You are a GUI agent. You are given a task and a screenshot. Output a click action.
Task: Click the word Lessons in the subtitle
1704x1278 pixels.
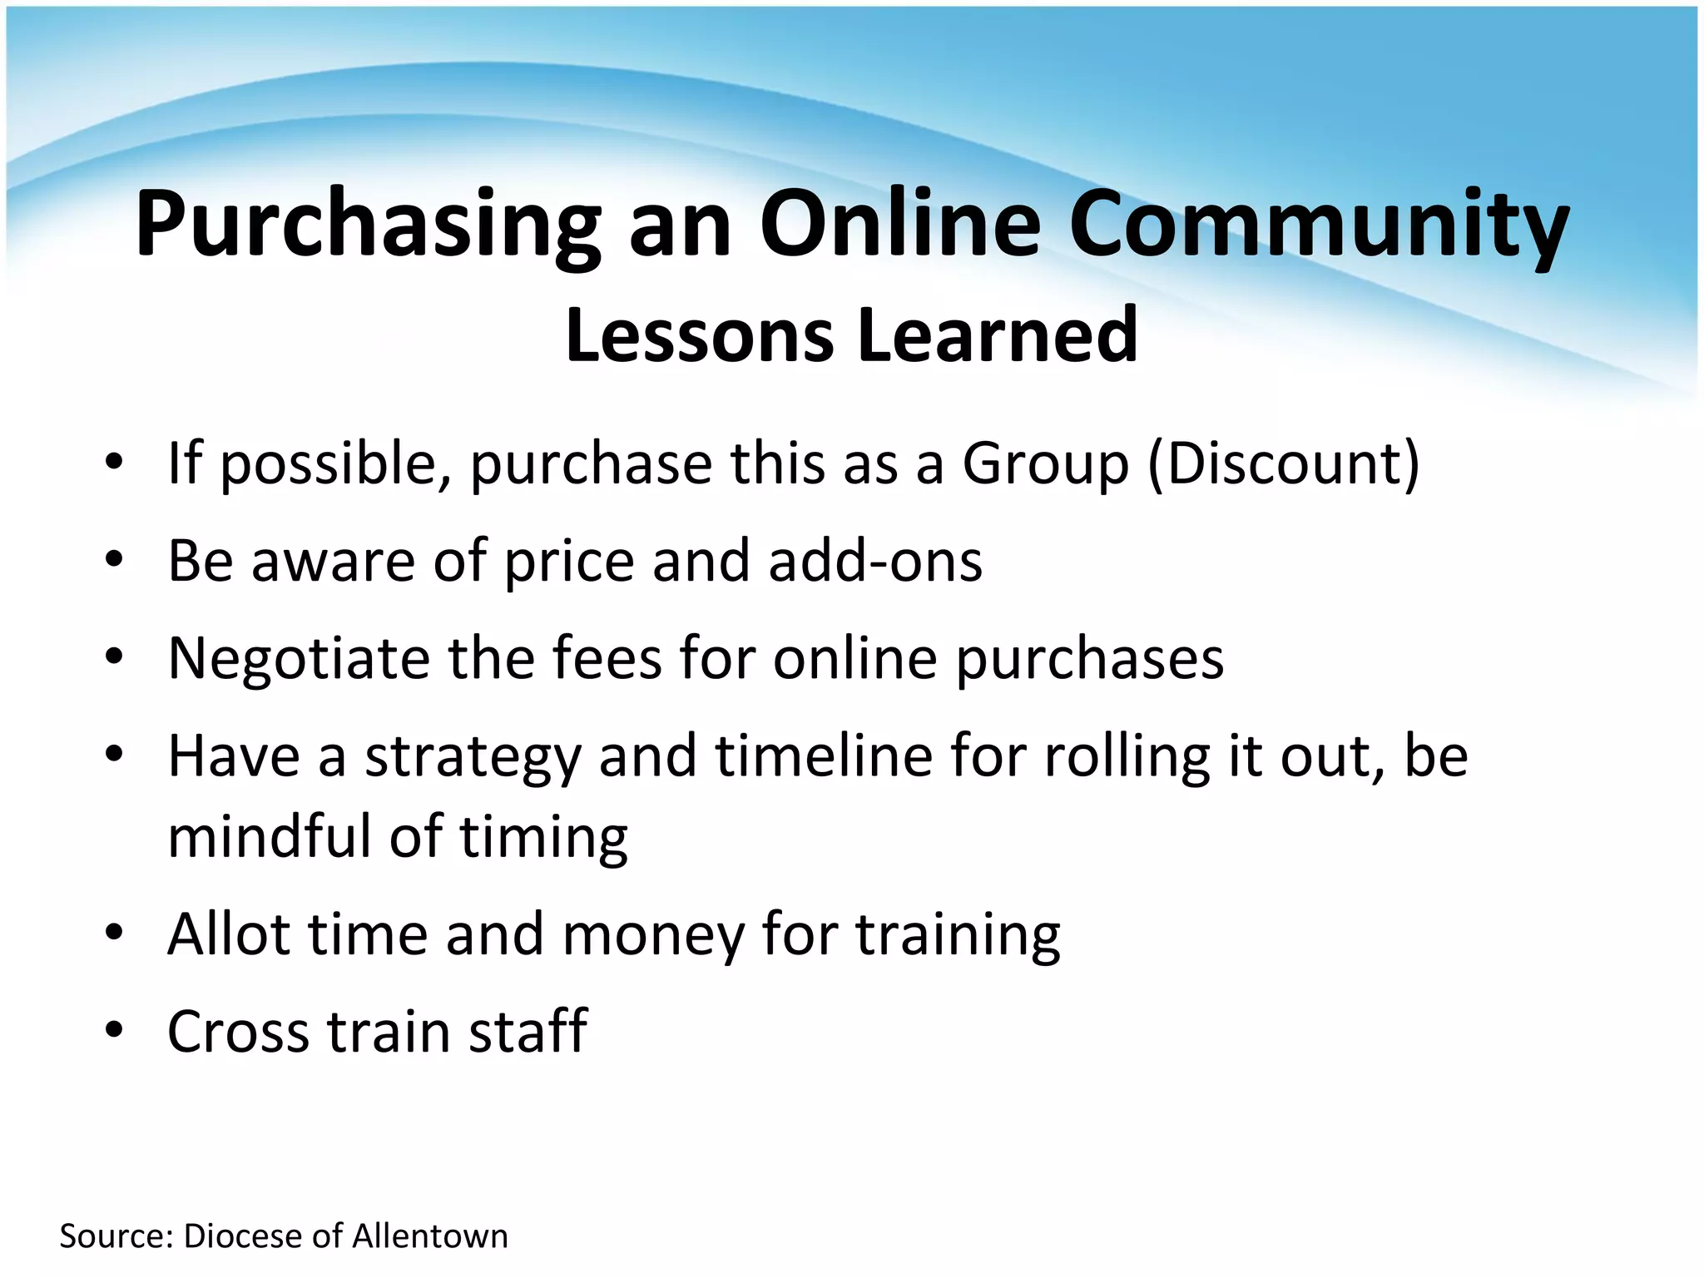click(699, 335)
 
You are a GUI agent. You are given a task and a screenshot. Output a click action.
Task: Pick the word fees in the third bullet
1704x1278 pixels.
click(603, 657)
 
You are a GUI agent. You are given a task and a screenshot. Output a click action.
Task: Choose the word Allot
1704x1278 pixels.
click(229, 934)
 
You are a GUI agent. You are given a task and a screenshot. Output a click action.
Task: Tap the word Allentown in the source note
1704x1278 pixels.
click(429, 1236)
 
